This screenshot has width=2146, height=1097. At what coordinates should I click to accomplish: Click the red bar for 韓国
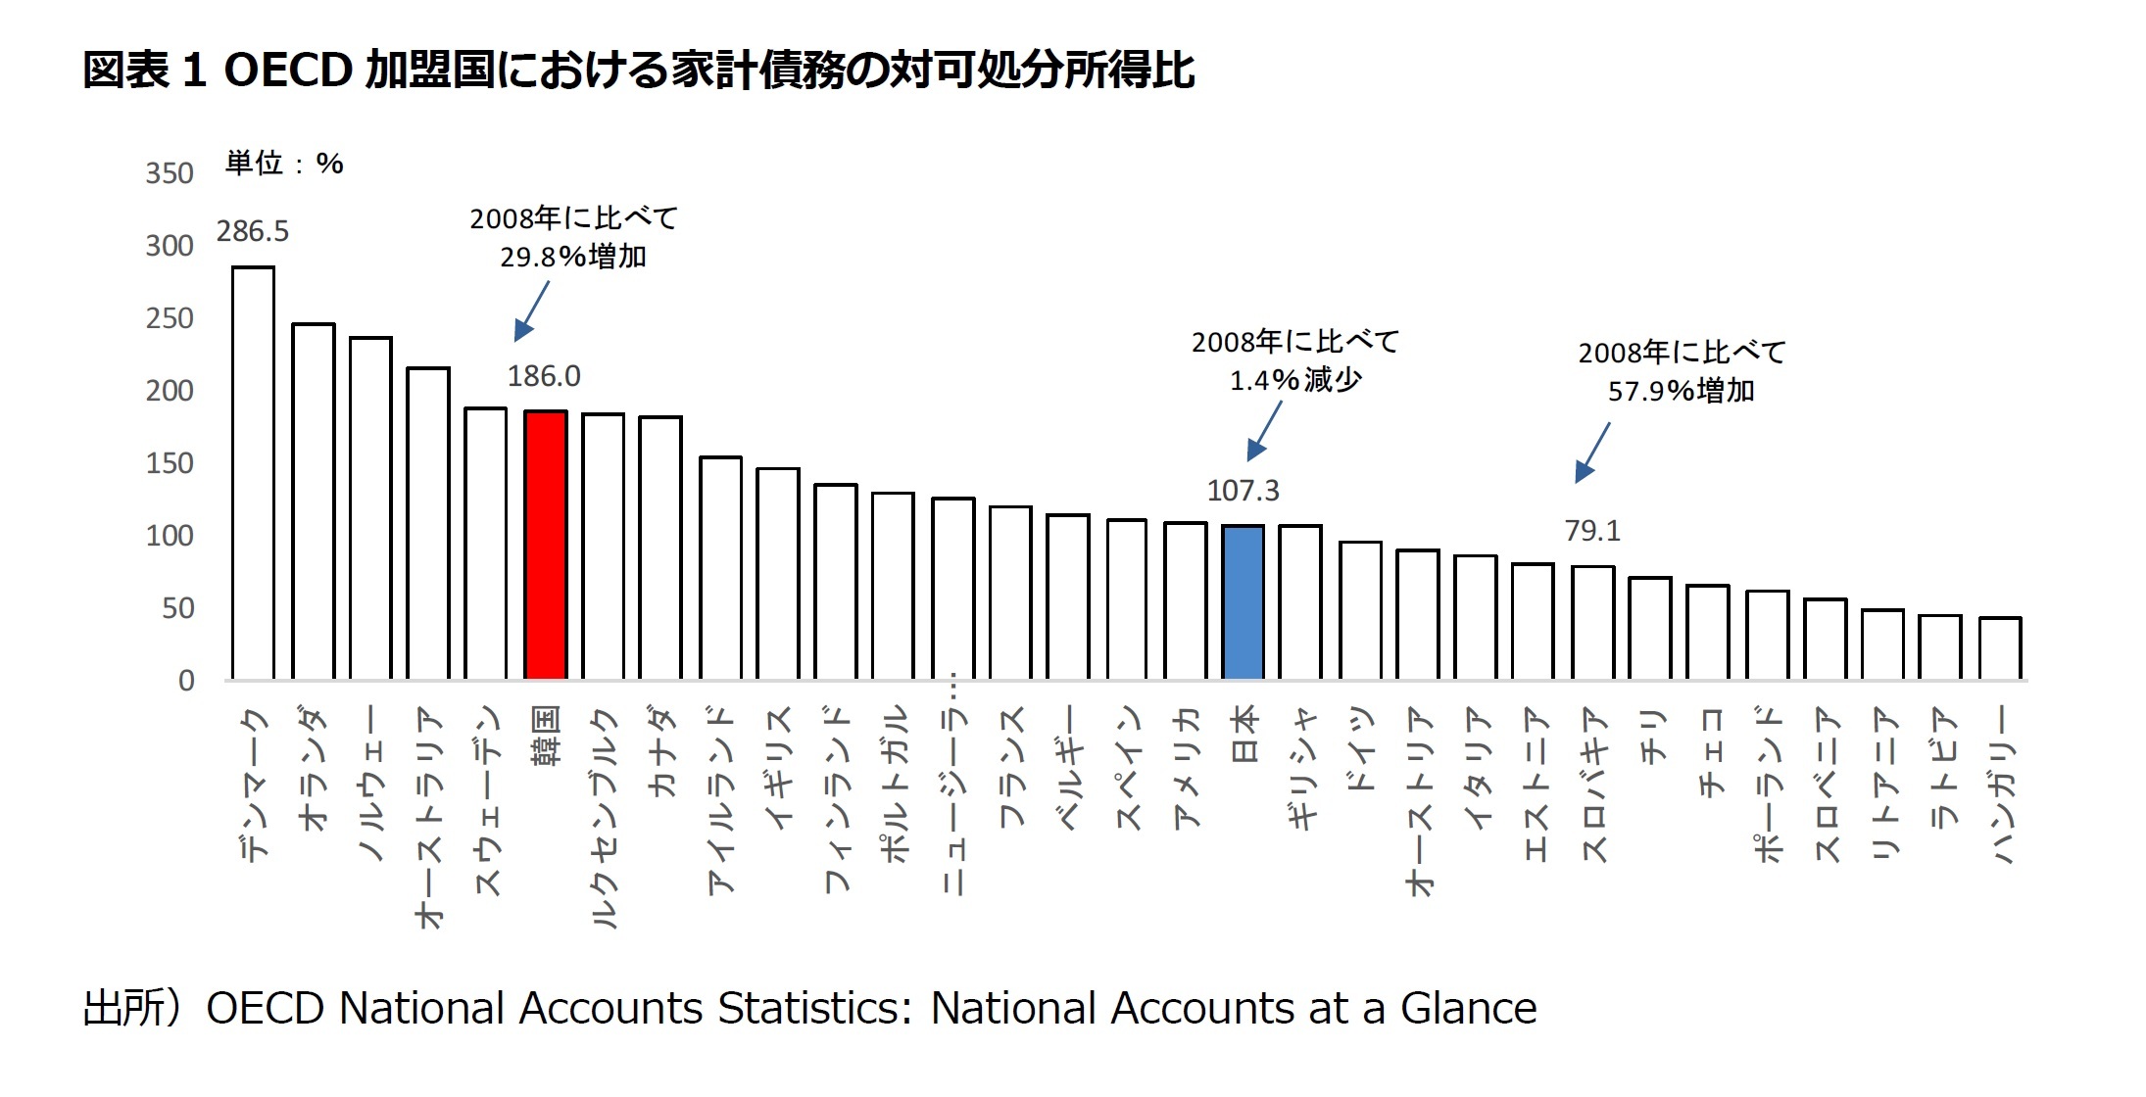pyautogui.click(x=546, y=545)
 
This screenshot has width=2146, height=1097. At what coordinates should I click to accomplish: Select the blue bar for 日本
pyautogui.click(x=1243, y=602)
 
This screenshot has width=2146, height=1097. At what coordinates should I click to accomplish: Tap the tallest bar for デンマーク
pyautogui.click(x=253, y=473)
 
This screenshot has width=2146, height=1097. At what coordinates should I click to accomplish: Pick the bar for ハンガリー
pyautogui.click(x=1999, y=648)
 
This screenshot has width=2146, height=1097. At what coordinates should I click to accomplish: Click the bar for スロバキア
pyautogui.click(x=1592, y=623)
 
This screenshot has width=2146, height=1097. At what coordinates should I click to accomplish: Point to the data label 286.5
pyautogui.click(x=253, y=231)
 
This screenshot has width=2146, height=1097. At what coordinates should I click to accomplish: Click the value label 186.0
pyautogui.click(x=544, y=376)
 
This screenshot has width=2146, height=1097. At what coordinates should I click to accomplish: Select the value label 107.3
pyautogui.click(x=1243, y=490)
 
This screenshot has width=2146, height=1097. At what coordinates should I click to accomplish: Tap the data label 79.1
pyautogui.click(x=1592, y=531)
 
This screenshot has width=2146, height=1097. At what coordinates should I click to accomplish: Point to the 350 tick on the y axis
pyautogui.click(x=170, y=173)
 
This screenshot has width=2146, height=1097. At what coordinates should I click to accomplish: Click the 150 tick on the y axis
pyautogui.click(x=170, y=463)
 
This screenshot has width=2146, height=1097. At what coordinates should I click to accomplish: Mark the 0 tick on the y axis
pyautogui.click(x=186, y=681)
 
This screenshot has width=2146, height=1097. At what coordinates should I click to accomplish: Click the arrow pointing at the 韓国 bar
pyautogui.click(x=532, y=310)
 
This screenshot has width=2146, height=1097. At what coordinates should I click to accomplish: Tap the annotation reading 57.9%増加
pyautogui.click(x=1681, y=391)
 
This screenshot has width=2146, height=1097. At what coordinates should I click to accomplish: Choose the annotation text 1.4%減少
pyautogui.click(x=1295, y=380)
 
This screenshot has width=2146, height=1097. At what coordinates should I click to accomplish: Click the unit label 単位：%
pyautogui.click(x=284, y=163)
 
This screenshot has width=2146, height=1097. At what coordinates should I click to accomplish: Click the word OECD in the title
pyautogui.click(x=288, y=71)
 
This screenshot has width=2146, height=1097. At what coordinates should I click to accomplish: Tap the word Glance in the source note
pyautogui.click(x=1468, y=1009)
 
